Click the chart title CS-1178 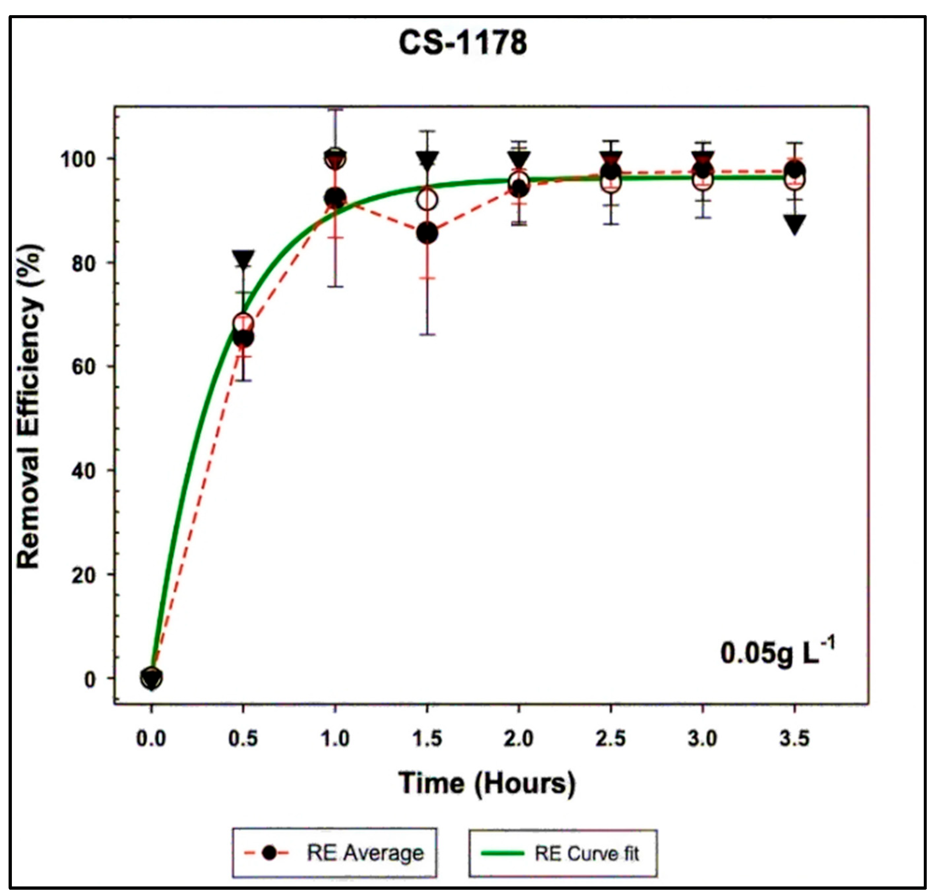tap(463, 43)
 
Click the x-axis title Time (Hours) tap(487, 783)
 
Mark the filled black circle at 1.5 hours tap(427, 233)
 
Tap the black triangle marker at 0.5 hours tap(243, 259)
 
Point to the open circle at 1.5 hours tap(427, 200)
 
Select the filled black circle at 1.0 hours tap(335, 198)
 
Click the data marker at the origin tap(151, 678)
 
